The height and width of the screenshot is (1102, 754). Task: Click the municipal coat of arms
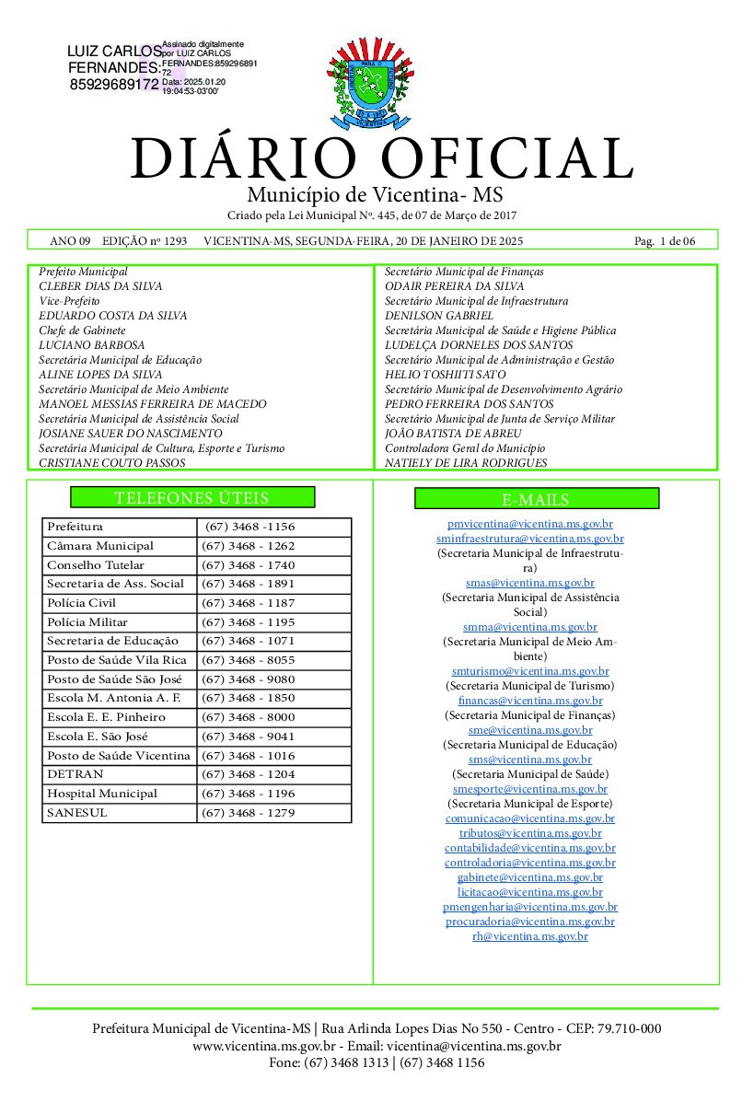tap(377, 82)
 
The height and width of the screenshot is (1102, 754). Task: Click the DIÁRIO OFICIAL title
tap(381, 158)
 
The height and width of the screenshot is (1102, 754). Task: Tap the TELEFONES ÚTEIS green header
tap(192, 498)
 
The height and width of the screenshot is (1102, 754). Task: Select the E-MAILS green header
tap(536, 499)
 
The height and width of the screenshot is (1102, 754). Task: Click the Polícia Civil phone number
tap(248, 603)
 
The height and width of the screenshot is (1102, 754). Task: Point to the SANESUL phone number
tap(248, 813)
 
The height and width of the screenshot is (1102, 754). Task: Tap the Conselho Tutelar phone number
tap(248, 565)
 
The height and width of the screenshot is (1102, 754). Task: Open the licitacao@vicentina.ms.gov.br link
tap(530, 891)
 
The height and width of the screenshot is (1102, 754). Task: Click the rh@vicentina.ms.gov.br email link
tap(530, 935)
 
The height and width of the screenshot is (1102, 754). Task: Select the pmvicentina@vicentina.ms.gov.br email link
tap(530, 523)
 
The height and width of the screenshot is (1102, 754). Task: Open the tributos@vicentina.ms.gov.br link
tap(530, 832)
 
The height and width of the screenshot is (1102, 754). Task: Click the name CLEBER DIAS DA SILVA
tap(100, 286)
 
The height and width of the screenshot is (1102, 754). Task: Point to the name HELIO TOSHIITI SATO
tap(445, 375)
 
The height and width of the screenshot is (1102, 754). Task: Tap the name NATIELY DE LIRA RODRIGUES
tap(466, 463)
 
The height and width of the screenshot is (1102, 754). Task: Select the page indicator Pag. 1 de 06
tap(665, 241)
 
